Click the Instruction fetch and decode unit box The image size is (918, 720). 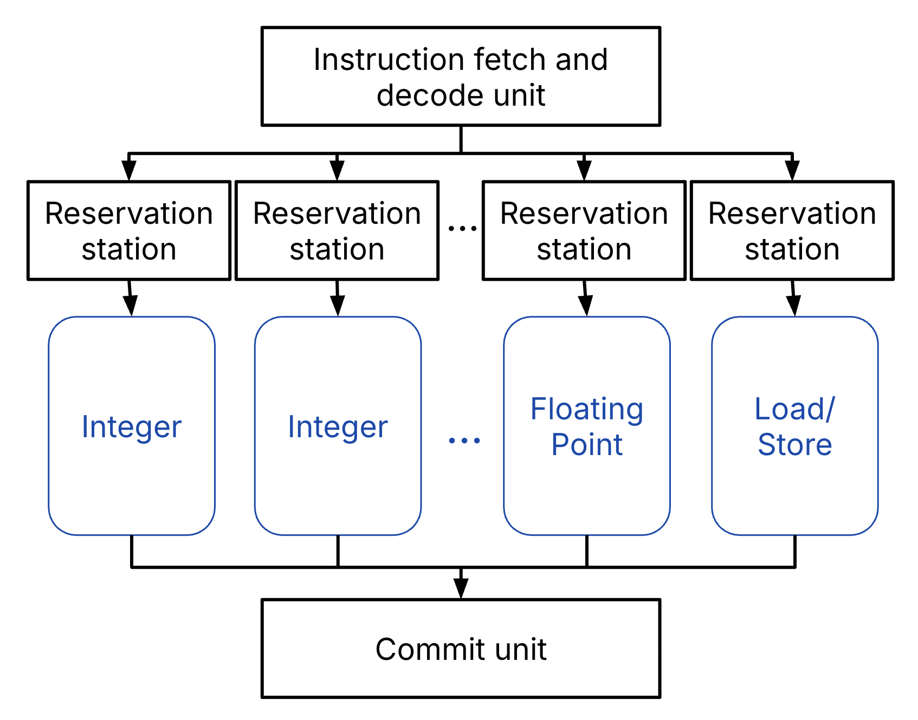(x=461, y=76)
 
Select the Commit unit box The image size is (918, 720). (x=461, y=648)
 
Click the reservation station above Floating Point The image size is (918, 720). (x=584, y=231)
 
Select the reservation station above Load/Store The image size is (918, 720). (x=792, y=231)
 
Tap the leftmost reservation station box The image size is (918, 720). (x=129, y=231)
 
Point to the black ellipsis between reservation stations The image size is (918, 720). (x=462, y=229)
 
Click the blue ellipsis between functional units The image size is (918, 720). (x=464, y=440)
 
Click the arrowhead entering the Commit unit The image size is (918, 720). (x=461, y=588)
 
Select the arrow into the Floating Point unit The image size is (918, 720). (x=586, y=306)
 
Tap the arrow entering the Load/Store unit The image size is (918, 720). (x=794, y=306)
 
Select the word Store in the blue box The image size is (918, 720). (x=794, y=445)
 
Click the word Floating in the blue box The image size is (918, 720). (x=587, y=410)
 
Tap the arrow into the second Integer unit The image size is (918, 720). (x=338, y=306)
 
